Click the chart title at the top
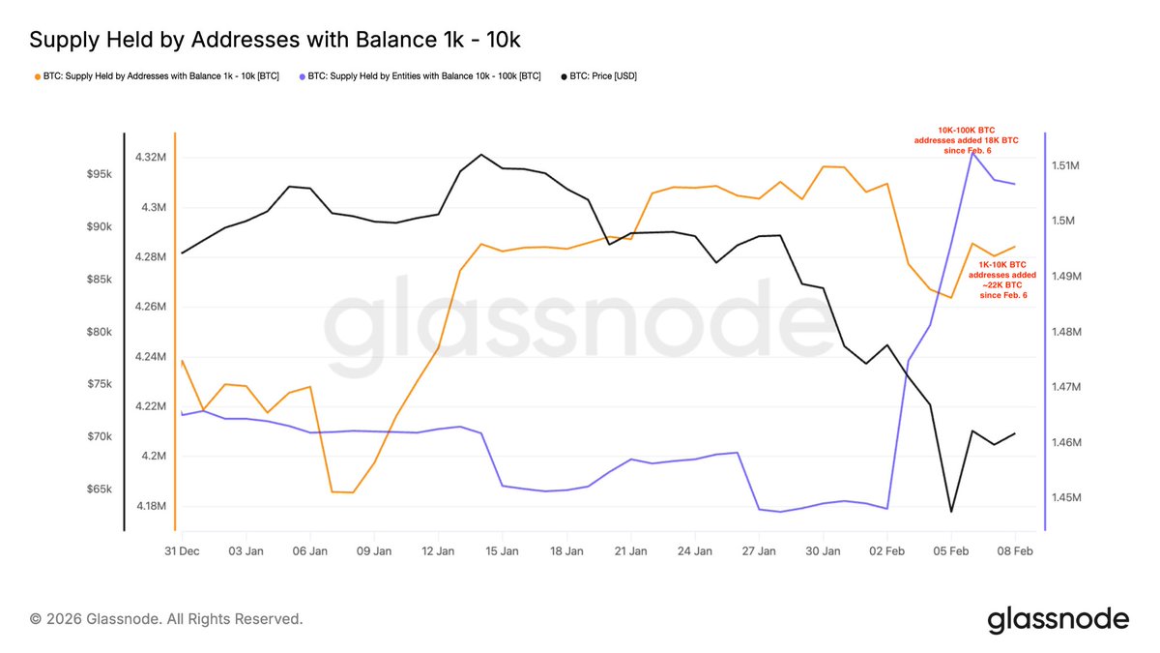point(275,40)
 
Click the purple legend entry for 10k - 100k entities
point(420,75)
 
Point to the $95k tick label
point(101,174)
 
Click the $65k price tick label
point(101,490)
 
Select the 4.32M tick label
point(153,157)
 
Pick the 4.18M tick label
point(153,506)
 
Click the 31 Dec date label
point(182,551)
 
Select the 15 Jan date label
point(503,551)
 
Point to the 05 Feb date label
point(951,551)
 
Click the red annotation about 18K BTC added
point(966,139)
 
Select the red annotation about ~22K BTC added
point(1006,279)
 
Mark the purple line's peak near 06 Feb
point(972,153)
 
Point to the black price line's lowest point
point(951,512)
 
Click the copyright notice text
point(166,618)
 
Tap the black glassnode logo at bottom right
point(1058,619)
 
